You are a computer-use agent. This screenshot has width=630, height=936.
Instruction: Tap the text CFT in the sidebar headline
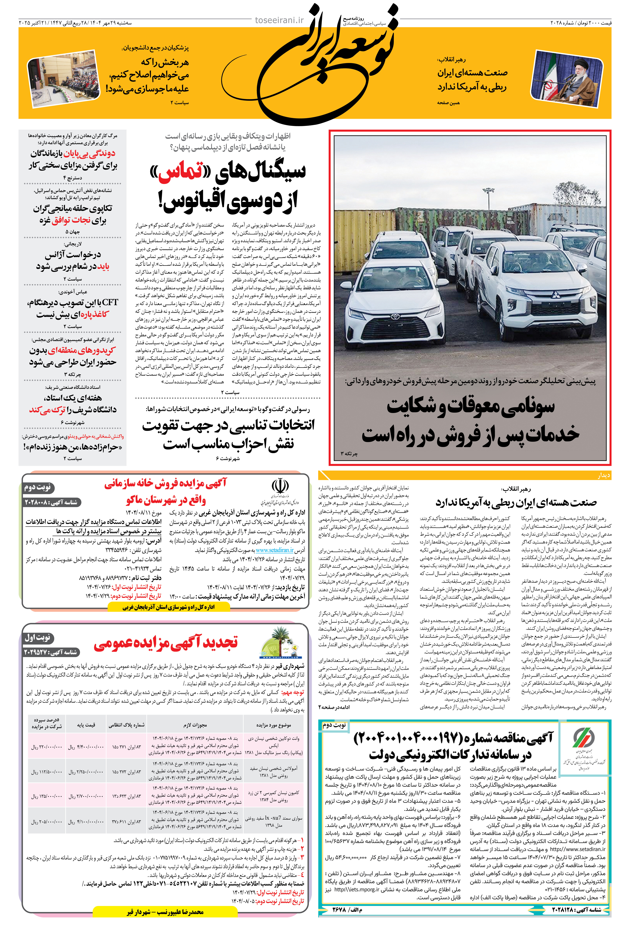(x=110, y=302)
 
